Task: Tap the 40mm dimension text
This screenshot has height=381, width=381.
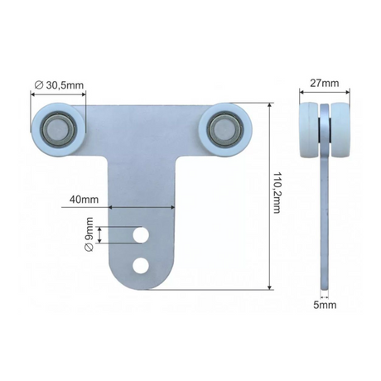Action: click(83, 200)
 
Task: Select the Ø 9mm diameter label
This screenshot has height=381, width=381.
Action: click(89, 236)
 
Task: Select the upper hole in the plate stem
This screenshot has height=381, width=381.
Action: click(142, 237)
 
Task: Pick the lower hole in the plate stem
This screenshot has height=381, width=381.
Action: click(142, 265)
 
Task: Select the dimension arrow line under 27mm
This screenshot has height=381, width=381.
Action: click(323, 93)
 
